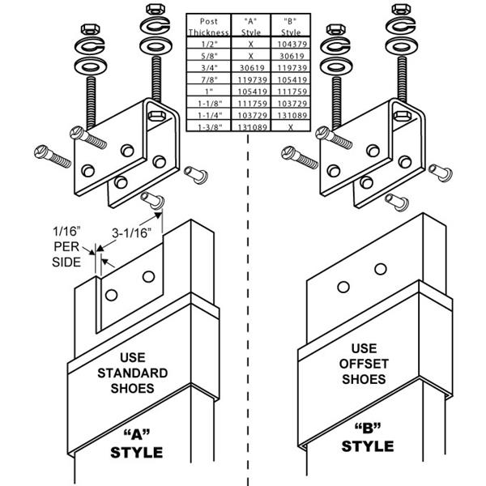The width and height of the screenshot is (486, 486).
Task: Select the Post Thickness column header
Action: tap(203, 27)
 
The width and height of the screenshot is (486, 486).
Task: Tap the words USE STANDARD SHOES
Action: tap(132, 373)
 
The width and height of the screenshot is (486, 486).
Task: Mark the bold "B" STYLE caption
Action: tap(366, 437)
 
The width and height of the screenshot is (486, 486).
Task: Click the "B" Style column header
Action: tap(284, 27)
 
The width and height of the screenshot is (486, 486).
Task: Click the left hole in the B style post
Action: tap(343, 286)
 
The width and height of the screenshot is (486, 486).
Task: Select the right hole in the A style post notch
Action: tap(148, 276)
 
